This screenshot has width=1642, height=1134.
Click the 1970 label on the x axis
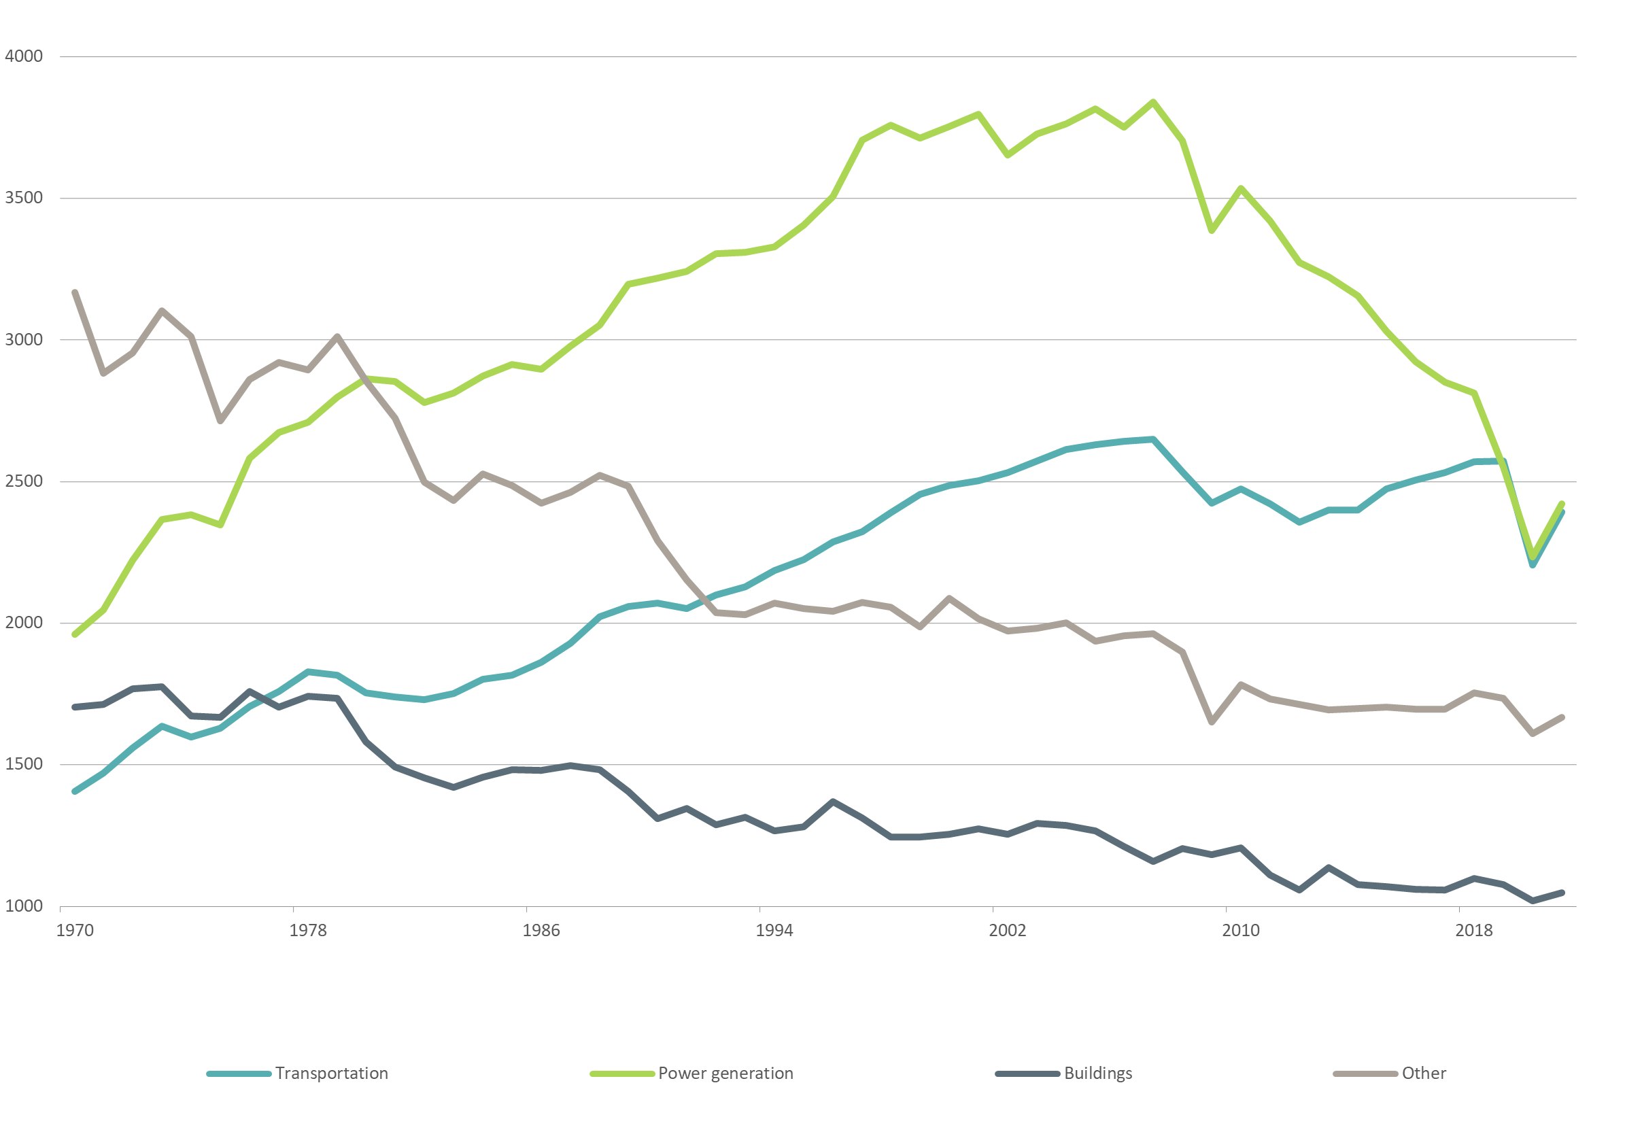point(75,931)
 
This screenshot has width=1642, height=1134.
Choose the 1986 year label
point(541,931)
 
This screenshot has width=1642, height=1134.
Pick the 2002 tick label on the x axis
point(1007,931)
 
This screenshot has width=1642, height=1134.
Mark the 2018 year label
point(1473,931)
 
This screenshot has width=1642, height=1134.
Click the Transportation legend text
point(332,1073)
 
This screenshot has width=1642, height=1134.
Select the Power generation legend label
point(725,1073)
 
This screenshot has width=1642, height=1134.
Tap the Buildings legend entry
point(1098,1073)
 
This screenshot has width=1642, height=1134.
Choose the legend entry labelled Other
point(1423,1073)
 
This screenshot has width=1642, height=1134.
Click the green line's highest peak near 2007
point(1153,102)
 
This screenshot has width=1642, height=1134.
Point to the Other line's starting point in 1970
point(75,293)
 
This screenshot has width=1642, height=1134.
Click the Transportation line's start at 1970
point(75,791)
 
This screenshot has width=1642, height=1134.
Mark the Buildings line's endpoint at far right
point(1562,893)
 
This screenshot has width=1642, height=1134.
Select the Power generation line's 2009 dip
point(1212,231)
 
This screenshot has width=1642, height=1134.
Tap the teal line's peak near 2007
point(1153,439)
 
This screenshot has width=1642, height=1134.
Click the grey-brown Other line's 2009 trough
point(1212,723)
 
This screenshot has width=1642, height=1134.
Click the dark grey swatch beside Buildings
point(1027,1073)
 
